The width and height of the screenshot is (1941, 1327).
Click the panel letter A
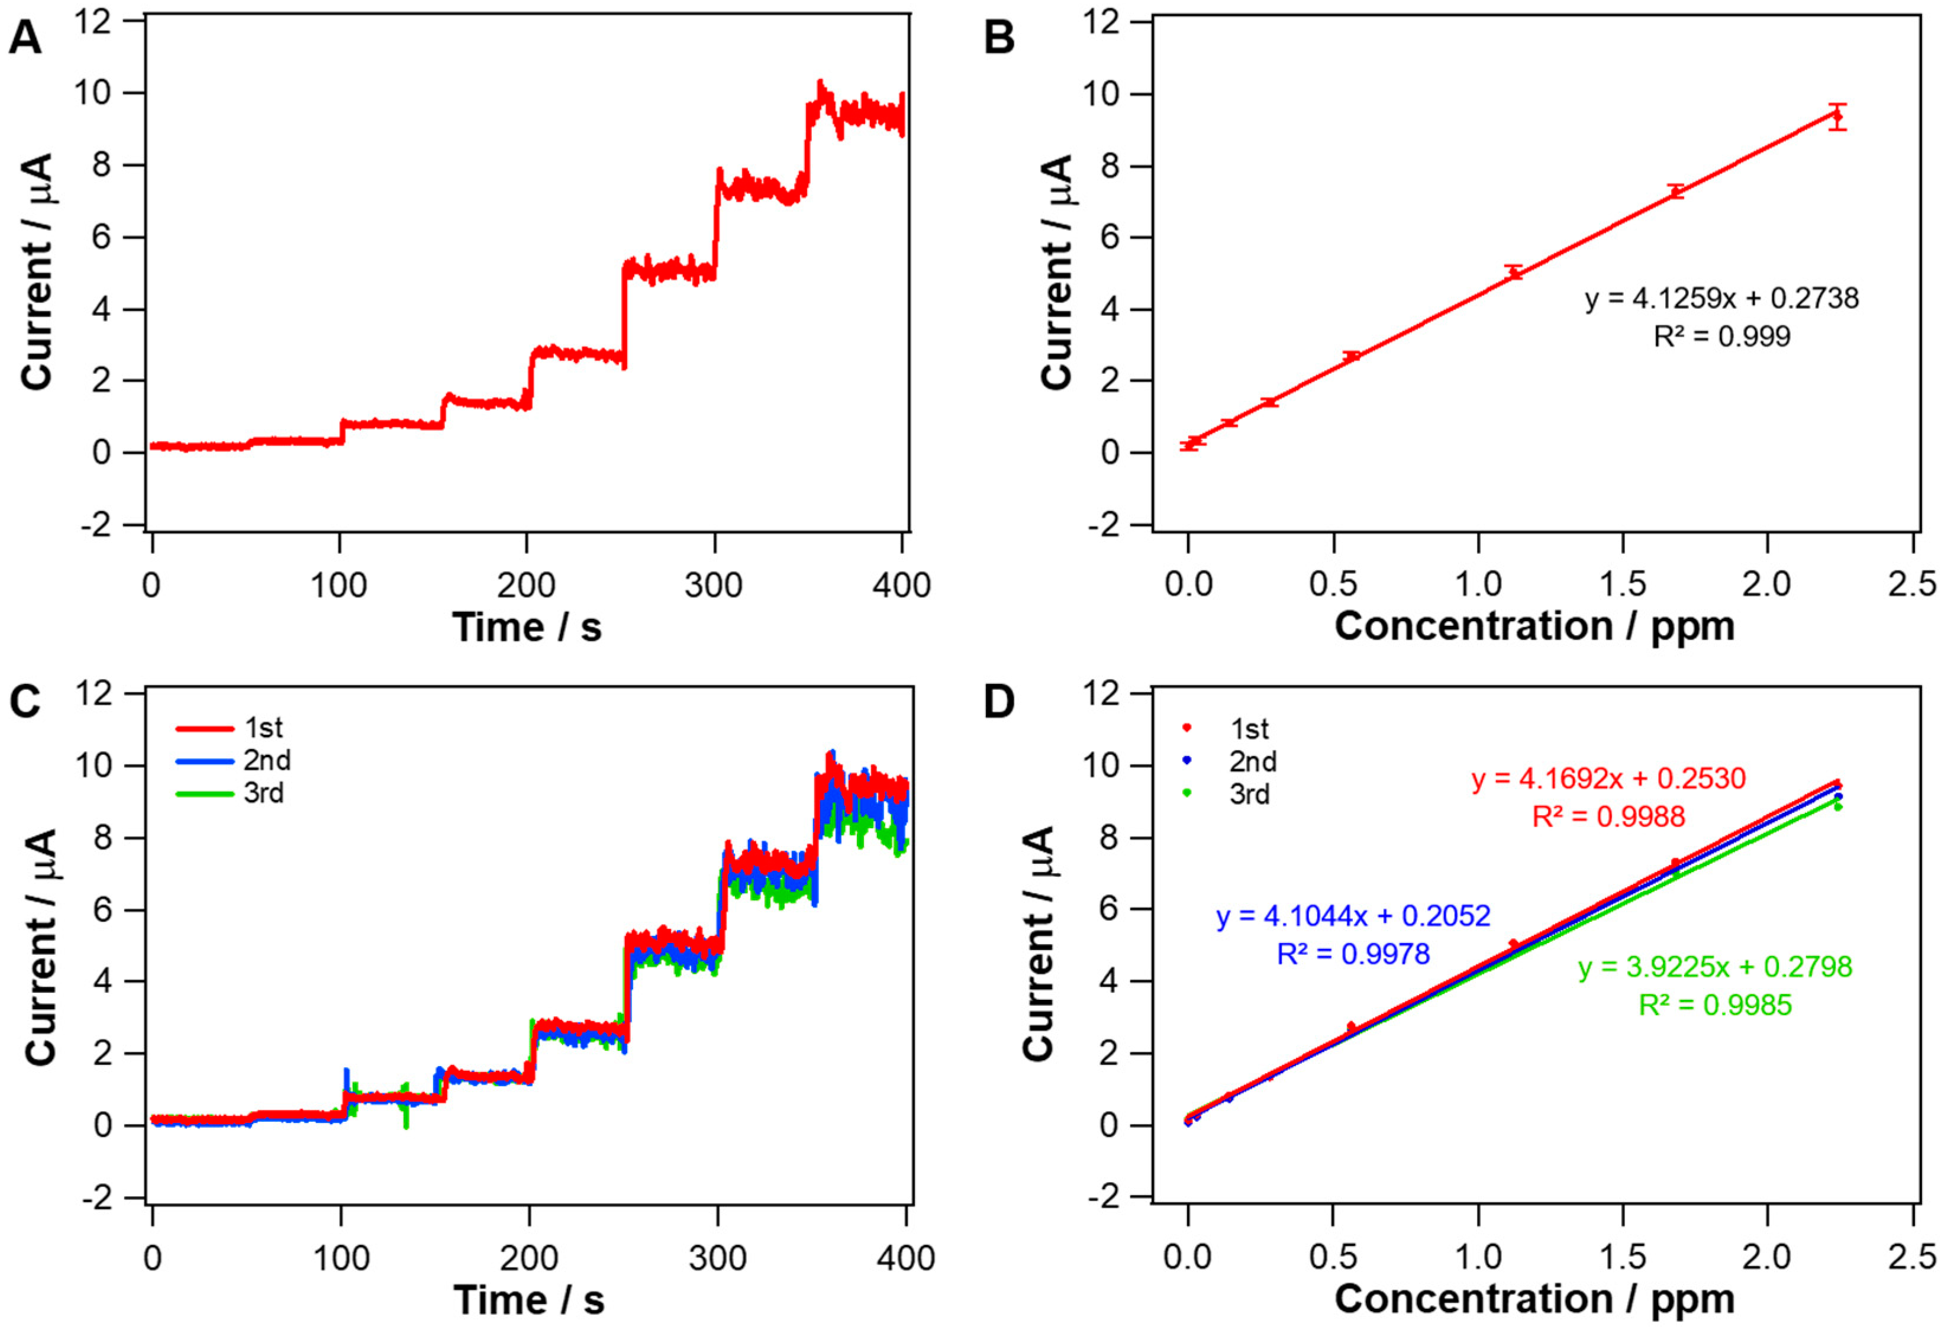coord(25,38)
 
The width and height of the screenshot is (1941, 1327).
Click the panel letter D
coord(999,702)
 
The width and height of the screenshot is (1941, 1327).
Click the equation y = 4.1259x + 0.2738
coord(1721,298)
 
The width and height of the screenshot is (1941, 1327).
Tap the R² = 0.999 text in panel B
coord(1721,337)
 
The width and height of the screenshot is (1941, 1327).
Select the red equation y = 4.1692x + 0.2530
coord(1608,779)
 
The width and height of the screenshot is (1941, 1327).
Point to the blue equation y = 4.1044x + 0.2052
coord(1353,916)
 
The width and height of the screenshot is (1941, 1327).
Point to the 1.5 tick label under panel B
coord(1622,584)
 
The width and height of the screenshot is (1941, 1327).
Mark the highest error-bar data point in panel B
coord(1837,117)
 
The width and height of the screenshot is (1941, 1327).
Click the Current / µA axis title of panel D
coord(1038,944)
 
